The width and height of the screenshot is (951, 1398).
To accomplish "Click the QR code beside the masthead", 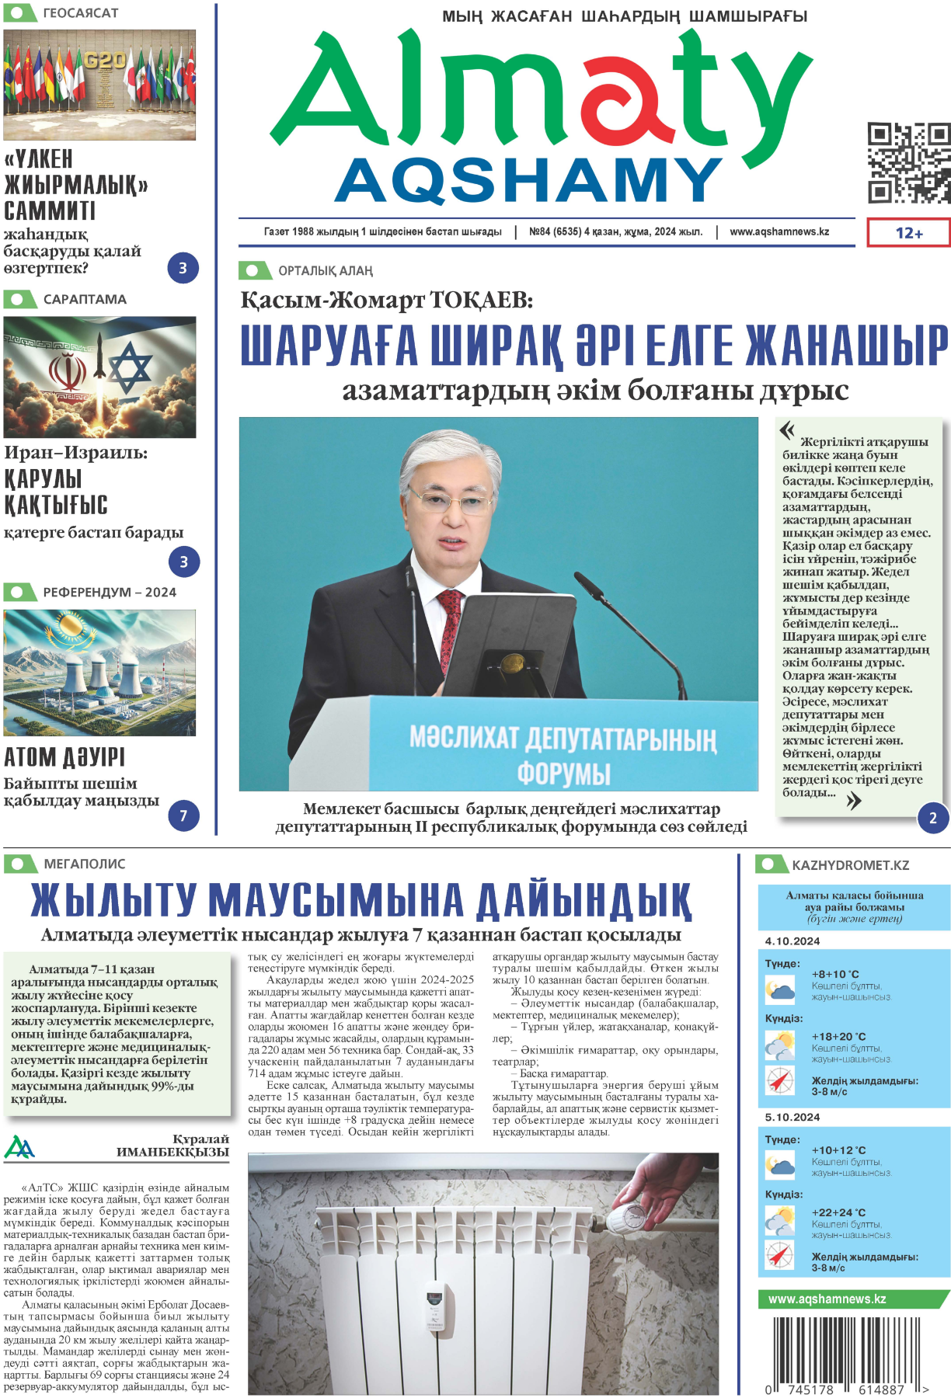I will (x=908, y=163).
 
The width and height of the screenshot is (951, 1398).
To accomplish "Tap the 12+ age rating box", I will (x=908, y=233).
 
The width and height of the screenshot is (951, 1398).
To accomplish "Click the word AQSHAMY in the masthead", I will (x=529, y=180).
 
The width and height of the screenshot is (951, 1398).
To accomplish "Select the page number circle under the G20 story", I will (x=183, y=269).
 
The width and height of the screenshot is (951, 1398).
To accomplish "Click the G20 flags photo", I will (x=99, y=85).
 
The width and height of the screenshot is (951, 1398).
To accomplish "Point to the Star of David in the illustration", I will (x=130, y=367).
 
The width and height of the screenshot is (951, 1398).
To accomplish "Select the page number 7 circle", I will (x=183, y=816).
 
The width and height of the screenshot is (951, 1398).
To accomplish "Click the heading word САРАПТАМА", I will (x=85, y=300).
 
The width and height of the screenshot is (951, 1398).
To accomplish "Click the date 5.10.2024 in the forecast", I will (x=792, y=1117).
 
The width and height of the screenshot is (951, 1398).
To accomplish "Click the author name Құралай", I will (x=200, y=1139).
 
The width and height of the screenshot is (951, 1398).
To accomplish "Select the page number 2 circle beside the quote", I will (x=932, y=818).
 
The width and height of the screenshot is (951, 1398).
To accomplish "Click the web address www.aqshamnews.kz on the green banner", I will (x=827, y=1299).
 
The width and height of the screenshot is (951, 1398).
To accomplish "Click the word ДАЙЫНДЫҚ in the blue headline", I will (x=583, y=901).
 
